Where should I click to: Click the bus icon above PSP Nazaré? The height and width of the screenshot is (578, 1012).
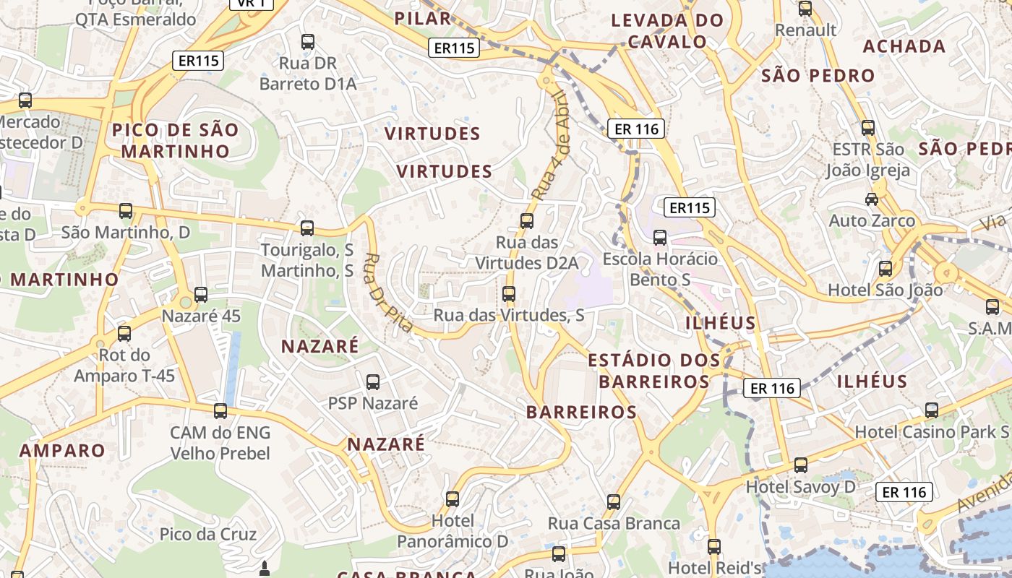tap(373, 381)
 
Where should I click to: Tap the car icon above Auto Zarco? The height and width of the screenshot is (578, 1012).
tap(872, 199)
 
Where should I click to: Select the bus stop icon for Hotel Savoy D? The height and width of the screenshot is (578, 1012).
tap(800, 465)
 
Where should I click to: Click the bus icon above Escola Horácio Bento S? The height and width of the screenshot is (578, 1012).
tap(659, 237)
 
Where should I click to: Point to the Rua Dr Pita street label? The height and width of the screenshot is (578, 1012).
tap(387, 293)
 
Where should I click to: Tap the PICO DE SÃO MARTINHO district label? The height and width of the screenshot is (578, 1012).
tap(175, 140)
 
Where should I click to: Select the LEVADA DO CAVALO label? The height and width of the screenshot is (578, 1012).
tap(667, 30)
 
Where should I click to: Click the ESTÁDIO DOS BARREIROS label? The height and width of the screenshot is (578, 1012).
tap(654, 370)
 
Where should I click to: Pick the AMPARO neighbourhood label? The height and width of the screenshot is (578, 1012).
tap(62, 450)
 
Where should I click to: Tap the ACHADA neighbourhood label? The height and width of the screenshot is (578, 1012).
tap(904, 46)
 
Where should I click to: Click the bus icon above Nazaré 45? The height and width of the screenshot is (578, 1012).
tap(201, 294)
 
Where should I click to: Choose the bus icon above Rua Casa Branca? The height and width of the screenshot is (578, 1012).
tap(614, 501)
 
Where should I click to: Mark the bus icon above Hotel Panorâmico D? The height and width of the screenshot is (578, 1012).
tap(453, 499)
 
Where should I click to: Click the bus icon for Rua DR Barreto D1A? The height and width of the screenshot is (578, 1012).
tap(308, 42)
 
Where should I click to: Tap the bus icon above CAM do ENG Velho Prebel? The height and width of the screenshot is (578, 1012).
tap(220, 410)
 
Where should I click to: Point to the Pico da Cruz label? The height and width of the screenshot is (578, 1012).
tap(208, 535)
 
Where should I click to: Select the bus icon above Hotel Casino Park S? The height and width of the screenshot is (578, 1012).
tap(932, 410)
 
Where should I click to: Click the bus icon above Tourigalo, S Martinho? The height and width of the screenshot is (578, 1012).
tap(307, 228)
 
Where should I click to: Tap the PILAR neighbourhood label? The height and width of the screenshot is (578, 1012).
tap(423, 18)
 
